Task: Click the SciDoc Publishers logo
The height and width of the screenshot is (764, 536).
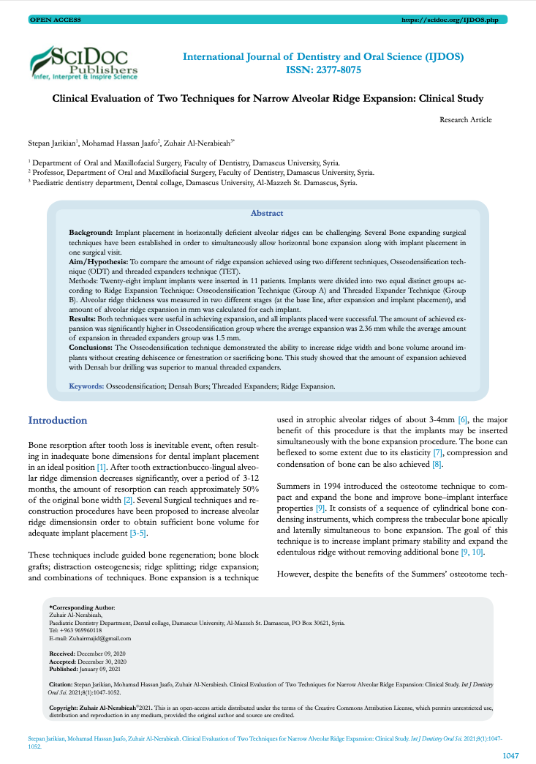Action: click(83, 62)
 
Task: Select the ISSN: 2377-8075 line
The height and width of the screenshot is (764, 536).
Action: click(322, 70)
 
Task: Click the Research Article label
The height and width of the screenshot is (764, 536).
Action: click(466, 119)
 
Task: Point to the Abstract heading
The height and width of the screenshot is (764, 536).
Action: click(267, 213)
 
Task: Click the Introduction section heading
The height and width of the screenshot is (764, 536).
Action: click(57, 421)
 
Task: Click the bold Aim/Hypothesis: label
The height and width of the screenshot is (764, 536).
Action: click(99, 260)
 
